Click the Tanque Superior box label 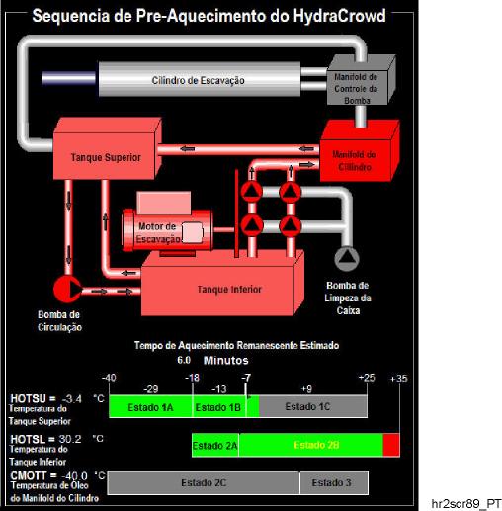(106, 157)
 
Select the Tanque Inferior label (229, 290)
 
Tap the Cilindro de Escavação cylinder (200, 79)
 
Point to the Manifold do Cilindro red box (359, 151)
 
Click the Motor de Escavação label (157, 232)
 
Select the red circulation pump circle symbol (67, 290)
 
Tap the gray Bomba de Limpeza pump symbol (347, 259)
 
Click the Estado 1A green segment (150, 407)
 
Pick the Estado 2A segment (215, 446)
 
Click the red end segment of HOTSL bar (391, 446)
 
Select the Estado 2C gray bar (204, 483)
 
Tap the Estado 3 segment (334, 483)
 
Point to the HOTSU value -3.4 (72, 399)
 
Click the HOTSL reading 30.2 (70, 439)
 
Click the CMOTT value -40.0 (74, 476)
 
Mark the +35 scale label (398, 379)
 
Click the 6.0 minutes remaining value (184, 360)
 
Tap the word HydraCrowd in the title (339, 16)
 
